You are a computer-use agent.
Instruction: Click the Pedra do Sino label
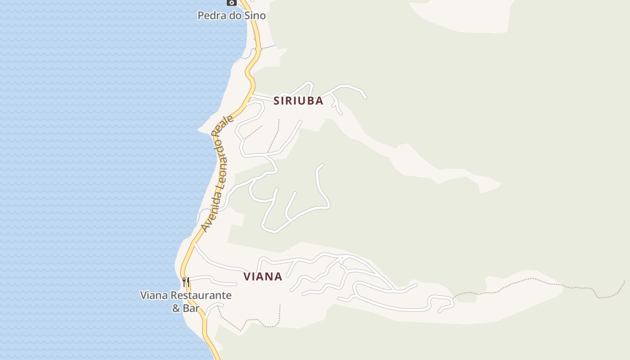232,16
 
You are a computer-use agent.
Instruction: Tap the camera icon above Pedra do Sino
232,3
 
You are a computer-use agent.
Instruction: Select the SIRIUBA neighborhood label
298,101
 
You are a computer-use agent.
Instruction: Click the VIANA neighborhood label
263,277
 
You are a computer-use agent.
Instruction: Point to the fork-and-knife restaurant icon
186,283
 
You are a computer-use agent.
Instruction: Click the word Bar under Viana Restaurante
191,308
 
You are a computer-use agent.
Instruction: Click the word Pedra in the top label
211,16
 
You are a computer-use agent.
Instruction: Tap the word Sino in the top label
255,16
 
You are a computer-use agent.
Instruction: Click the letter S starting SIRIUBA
277,101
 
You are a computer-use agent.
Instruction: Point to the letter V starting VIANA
247,277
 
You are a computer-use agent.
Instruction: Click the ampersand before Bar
176,308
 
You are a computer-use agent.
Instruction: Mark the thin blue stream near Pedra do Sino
269,46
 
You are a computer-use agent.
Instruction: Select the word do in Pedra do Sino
235,16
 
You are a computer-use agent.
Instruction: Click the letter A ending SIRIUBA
319,101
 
